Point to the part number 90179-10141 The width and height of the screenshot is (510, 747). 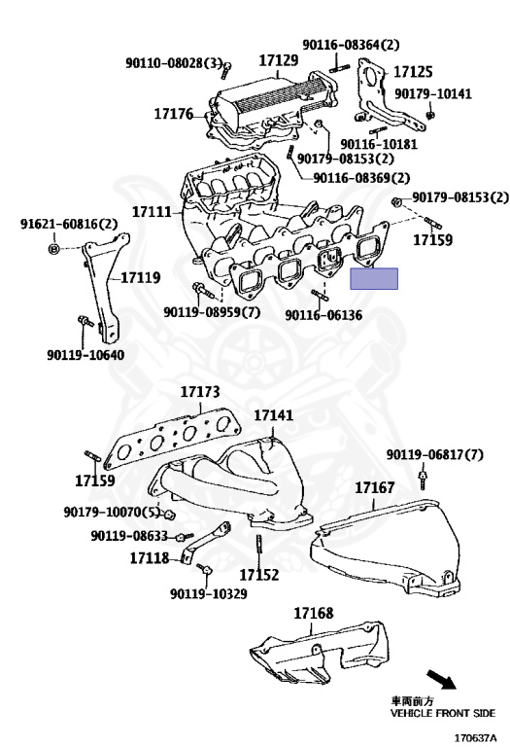[432, 93]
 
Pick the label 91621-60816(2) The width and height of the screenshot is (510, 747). [69, 224]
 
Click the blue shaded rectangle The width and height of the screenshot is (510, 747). [374, 279]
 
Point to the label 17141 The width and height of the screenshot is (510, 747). [273, 415]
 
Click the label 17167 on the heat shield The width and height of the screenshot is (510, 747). [374, 486]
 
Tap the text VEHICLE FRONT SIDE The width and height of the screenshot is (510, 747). [442, 713]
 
